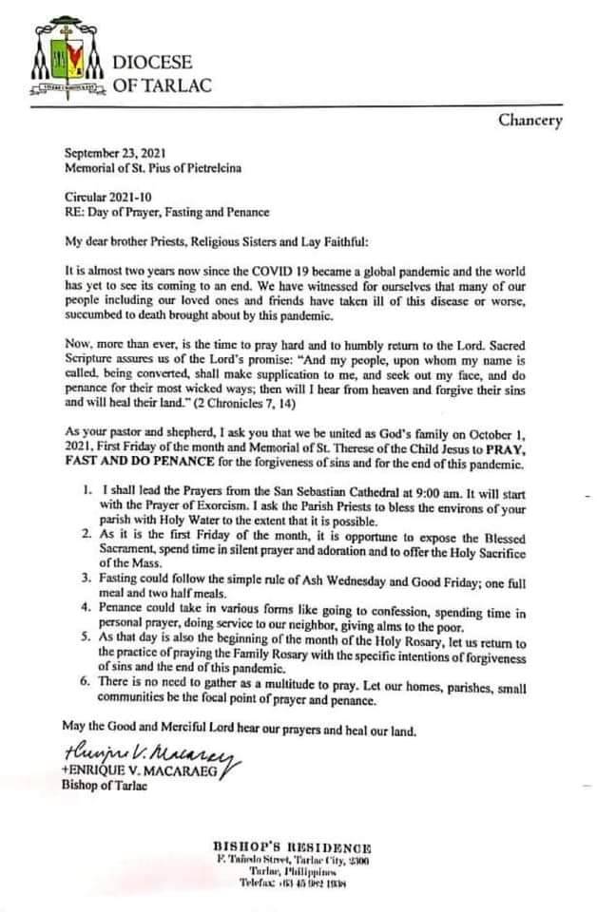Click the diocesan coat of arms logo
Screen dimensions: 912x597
click(x=67, y=64)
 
